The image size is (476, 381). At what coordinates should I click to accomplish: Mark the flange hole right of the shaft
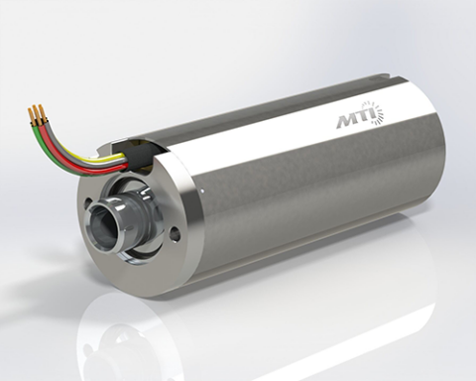pyautogui.click(x=175, y=235)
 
